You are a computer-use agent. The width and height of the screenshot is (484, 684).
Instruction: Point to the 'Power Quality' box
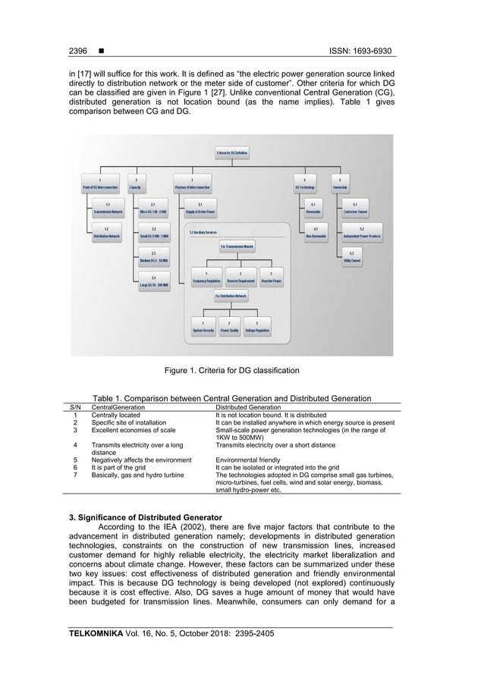[229, 328]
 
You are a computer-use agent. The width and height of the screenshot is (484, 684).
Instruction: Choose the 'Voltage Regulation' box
[256, 328]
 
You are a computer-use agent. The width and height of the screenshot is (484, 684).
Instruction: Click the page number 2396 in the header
[78, 51]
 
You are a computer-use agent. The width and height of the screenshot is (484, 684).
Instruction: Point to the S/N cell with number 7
[75, 475]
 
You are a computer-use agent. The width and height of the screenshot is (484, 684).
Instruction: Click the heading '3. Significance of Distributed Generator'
[144, 516]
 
